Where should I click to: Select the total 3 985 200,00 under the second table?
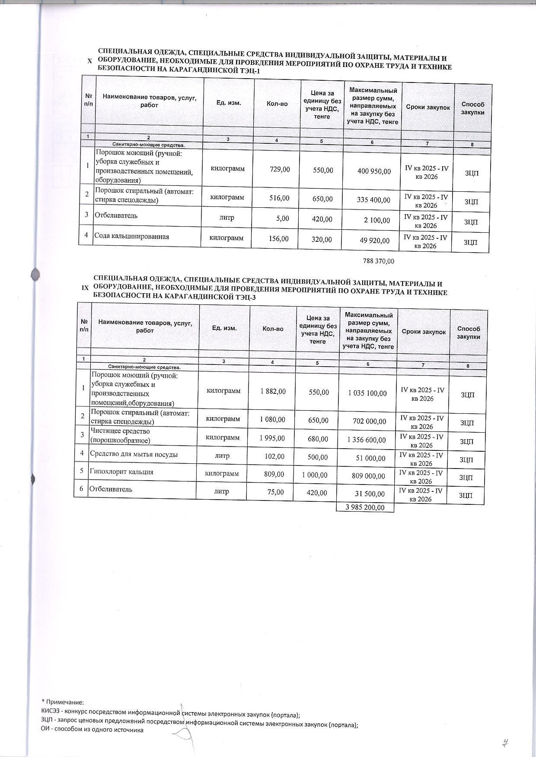tap(365, 507)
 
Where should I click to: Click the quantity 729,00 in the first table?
tap(279, 169)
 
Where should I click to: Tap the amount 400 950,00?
tap(374, 171)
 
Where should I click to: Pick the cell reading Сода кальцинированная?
tap(132, 236)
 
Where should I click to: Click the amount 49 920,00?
tap(375, 241)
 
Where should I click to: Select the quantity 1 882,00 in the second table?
tap(273, 391)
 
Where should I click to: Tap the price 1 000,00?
tap(315, 475)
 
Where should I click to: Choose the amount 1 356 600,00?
tap(367, 440)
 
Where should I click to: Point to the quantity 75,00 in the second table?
tap(275, 492)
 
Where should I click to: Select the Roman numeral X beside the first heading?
tap(89, 62)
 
